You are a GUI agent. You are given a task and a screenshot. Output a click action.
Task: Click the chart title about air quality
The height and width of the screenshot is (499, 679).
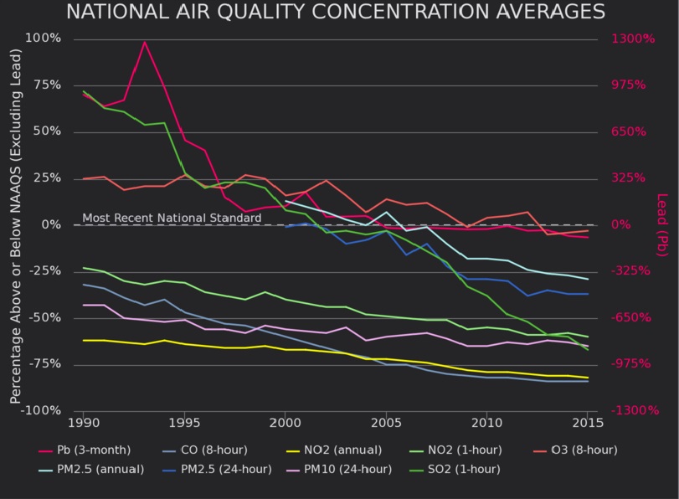click(x=335, y=12)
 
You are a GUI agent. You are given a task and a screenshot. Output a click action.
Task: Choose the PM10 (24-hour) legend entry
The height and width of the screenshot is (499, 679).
click(x=348, y=470)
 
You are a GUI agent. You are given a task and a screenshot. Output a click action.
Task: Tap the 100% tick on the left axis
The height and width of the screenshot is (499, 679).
click(x=44, y=39)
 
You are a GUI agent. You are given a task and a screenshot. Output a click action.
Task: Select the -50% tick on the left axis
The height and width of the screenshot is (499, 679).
click(x=44, y=318)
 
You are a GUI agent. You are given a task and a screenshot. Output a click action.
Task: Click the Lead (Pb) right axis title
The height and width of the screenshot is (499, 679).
click(x=661, y=224)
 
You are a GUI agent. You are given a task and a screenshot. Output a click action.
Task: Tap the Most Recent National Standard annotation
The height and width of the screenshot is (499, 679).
click(x=172, y=219)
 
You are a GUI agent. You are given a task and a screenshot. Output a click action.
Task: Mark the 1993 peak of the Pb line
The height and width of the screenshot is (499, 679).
click(x=145, y=42)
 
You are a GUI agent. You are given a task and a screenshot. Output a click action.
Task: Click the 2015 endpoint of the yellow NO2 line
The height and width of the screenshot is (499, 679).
click(x=588, y=378)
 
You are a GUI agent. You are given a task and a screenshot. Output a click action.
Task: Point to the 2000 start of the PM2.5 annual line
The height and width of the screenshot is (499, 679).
click(x=286, y=201)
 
